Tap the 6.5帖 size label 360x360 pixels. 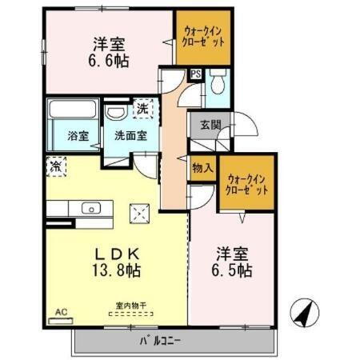click(233, 270)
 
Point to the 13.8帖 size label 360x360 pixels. click(115, 270)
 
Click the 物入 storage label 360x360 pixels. click(202, 168)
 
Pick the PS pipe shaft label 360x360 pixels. click(195, 75)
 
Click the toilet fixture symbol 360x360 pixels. click(219, 82)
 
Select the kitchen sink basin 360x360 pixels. click(89, 209)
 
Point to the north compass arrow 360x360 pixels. click(302, 312)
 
